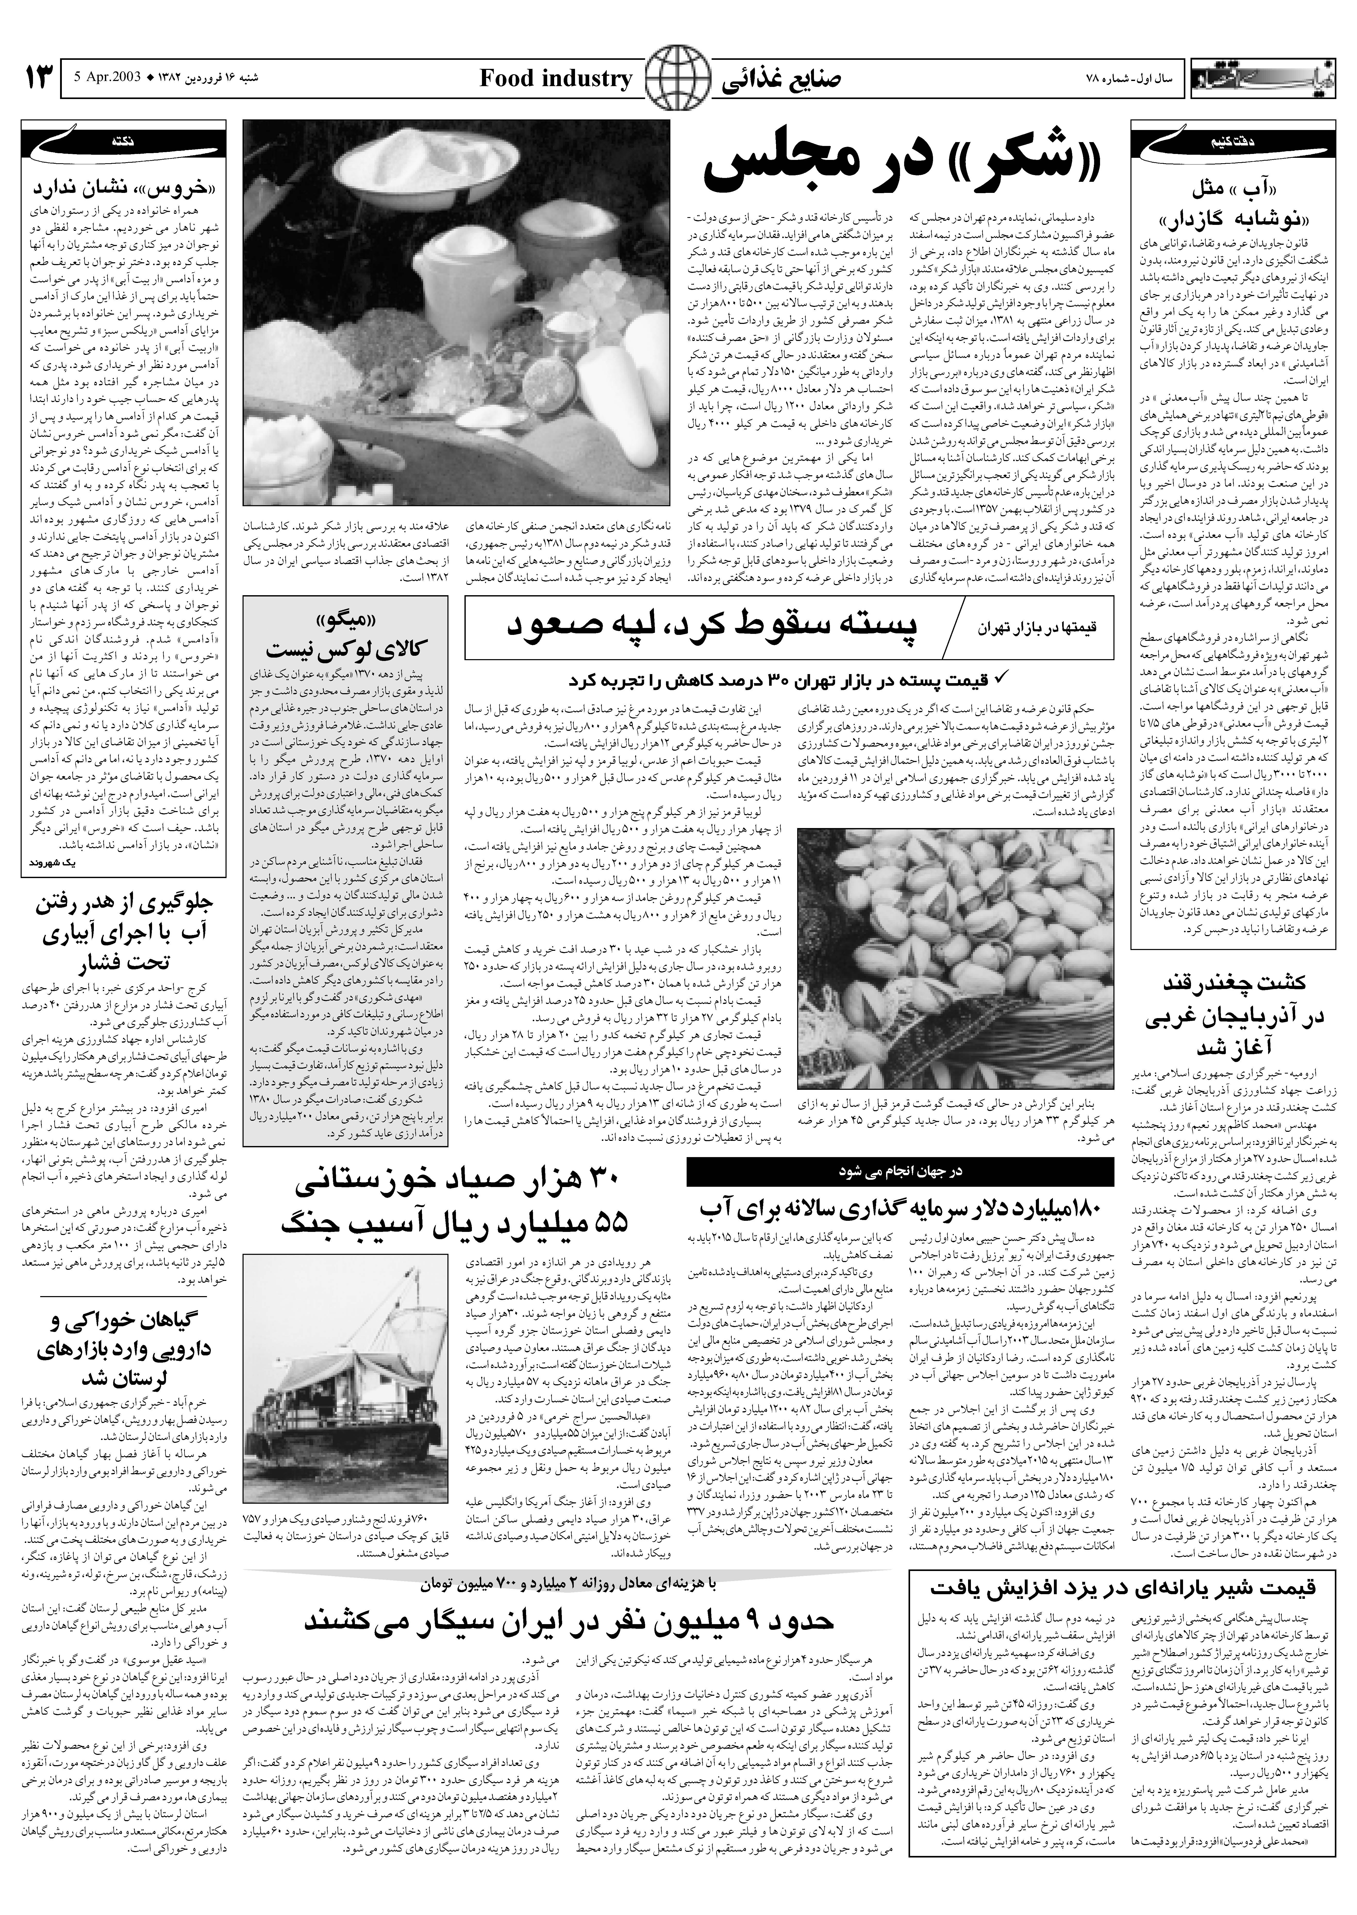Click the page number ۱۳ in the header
[40, 79]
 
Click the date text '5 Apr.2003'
[109, 79]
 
